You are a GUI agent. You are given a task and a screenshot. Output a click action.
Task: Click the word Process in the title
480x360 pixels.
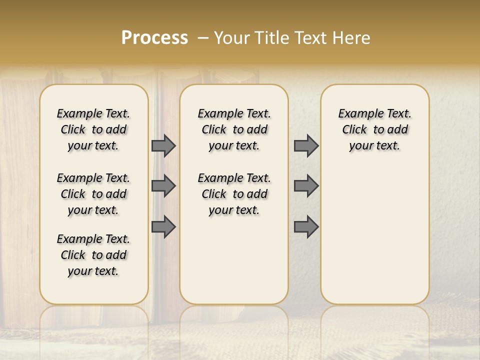pos(154,38)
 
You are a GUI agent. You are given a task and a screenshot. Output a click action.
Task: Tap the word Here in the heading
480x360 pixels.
pos(352,38)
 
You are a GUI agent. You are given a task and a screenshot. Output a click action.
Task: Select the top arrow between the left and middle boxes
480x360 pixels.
pos(163,145)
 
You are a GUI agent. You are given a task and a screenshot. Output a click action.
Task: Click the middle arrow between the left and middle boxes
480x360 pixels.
pos(163,186)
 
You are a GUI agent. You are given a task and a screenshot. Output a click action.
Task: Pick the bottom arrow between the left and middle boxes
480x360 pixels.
pos(163,226)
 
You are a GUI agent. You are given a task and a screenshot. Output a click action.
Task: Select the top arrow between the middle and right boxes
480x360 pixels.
pos(306,145)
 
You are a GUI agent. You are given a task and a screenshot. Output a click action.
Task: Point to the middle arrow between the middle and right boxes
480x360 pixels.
pos(306,186)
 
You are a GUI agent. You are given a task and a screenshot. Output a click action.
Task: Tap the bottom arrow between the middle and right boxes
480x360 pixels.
pos(306,226)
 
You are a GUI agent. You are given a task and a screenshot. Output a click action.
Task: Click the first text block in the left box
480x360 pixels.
pos(93,129)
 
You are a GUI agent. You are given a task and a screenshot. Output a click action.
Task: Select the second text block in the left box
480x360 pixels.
pos(93,194)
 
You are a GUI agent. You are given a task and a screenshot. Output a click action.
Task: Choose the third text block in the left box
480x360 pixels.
pos(93,255)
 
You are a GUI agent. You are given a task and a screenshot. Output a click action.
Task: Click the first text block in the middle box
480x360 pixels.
pos(234,129)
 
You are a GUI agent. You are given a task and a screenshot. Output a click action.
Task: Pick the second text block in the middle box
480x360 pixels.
pos(234,194)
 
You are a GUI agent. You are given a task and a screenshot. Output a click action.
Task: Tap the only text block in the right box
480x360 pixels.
pos(374,129)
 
